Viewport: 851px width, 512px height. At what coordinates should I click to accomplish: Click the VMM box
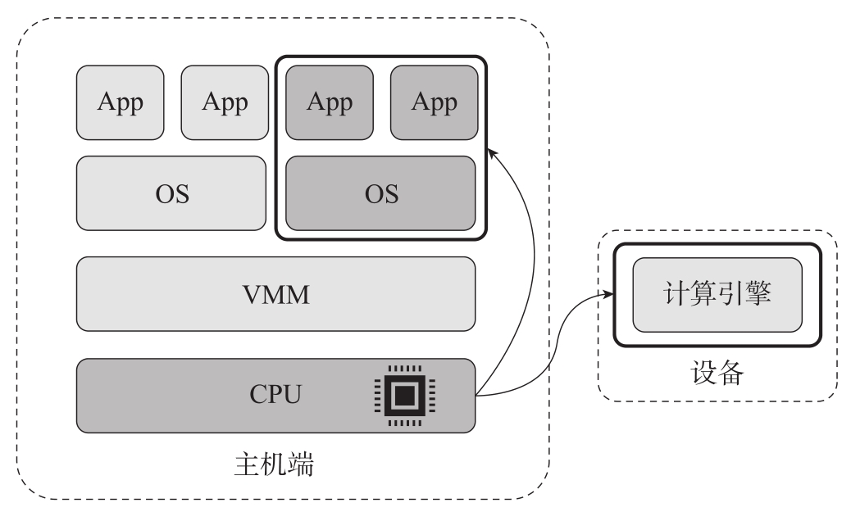tap(275, 294)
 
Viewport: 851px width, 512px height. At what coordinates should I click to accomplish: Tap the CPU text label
tap(275, 396)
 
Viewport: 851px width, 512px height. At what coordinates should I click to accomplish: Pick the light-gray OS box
tap(171, 193)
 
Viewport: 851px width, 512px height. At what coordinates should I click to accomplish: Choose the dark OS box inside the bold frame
tap(380, 193)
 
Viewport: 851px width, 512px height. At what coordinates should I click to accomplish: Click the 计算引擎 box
tap(717, 295)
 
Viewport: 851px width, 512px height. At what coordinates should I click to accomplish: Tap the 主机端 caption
tap(271, 468)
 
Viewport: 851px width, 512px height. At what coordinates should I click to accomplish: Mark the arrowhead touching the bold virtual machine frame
tap(491, 152)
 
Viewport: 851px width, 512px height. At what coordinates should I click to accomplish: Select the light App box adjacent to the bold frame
tap(225, 102)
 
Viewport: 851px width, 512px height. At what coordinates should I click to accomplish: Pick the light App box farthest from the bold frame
tap(121, 102)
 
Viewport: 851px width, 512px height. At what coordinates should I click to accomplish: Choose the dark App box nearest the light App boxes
tap(330, 102)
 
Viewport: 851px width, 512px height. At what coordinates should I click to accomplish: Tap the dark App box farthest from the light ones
tap(434, 102)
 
